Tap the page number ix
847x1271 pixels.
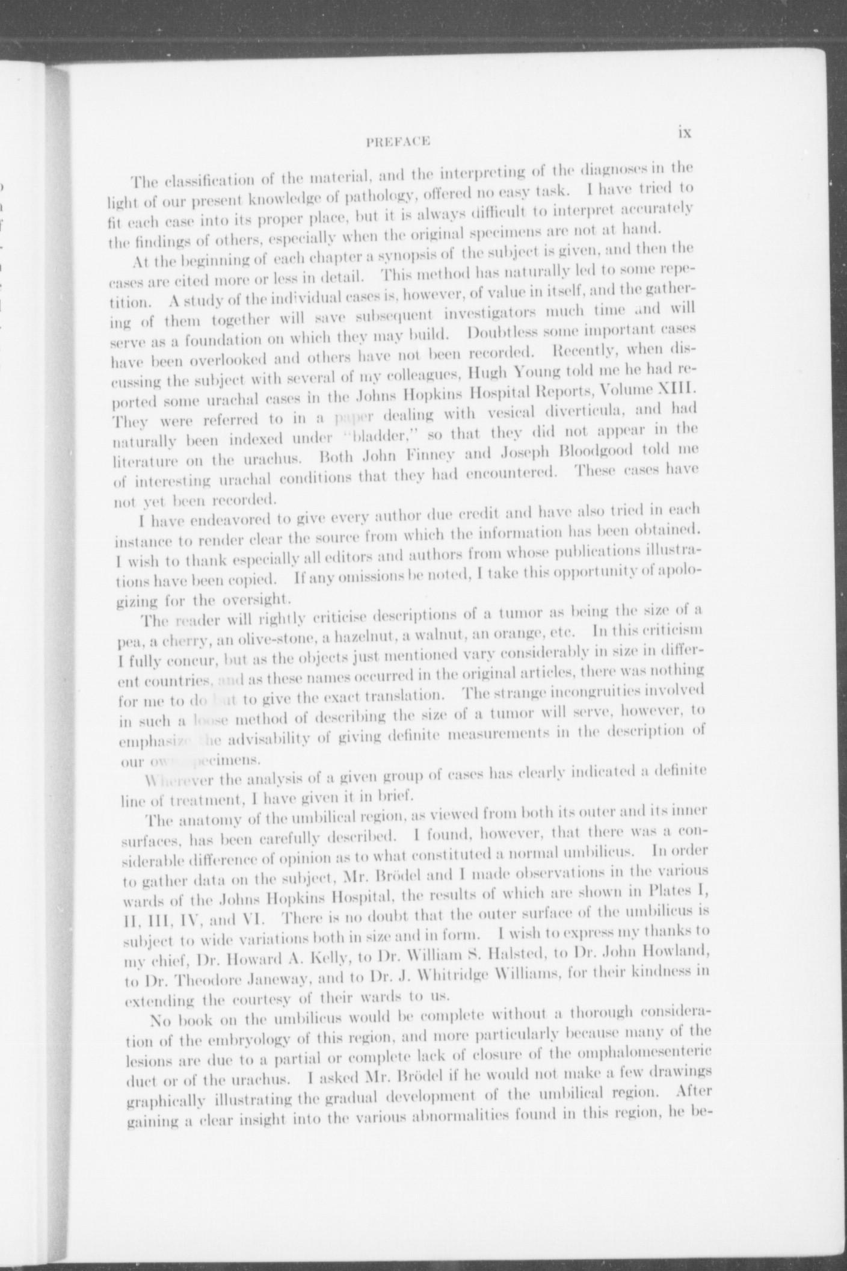[684, 132]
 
